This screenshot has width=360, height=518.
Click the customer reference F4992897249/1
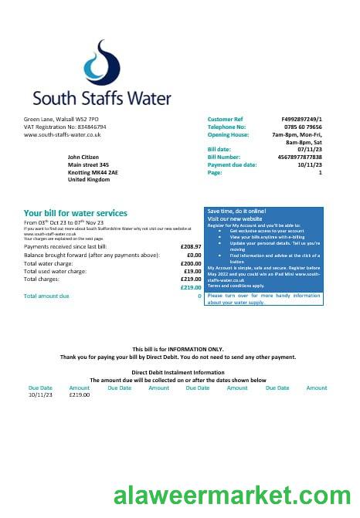tap(302, 120)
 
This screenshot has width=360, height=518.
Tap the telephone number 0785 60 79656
tap(301, 127)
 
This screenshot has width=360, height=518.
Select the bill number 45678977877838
tap(297, 157)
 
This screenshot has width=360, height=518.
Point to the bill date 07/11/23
tap(310, 149)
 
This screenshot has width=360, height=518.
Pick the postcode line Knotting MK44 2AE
tap(93, 171)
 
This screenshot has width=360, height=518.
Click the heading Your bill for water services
tap(76, 213)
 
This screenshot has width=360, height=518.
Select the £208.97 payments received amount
tap(190, 246)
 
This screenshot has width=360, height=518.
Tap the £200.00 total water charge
tap(191, 263)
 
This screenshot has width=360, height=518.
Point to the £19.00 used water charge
tap(192, 271)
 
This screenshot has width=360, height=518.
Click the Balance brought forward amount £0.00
tap(194, 255)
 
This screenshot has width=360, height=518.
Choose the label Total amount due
tap(46, 296)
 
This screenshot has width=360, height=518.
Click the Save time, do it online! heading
tap(236, 211)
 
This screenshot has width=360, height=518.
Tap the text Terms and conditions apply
tap(236, 286)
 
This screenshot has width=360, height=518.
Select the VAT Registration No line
tap(65, 127)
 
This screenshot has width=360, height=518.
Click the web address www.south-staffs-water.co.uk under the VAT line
tap(63, 134)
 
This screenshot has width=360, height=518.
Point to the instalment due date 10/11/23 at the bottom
tap(40, 394)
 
